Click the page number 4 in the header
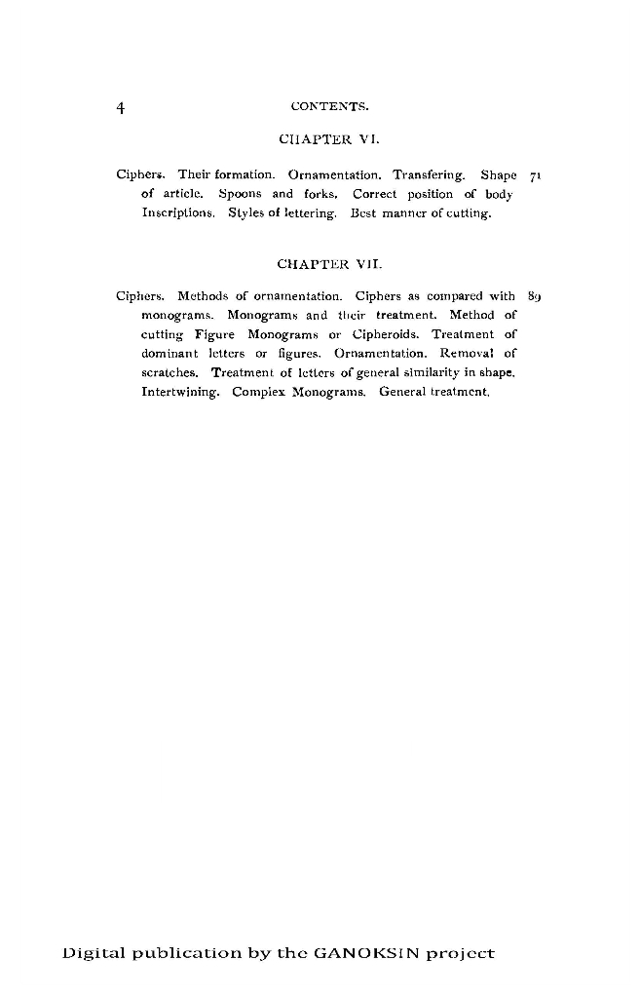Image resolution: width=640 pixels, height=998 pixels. pyautogui.click(x=120, y=106)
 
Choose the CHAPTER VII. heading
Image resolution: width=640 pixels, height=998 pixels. pyautogui.click(x=320, y=263)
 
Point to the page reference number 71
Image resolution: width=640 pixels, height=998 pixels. pyautogui.click(x=535, y=175)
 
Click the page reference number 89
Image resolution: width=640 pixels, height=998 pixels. pyautogui.click(x=535, y=296)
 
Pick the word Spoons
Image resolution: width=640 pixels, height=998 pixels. pyautogui.click(x=241, y=194)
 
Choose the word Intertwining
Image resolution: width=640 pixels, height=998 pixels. pyautogui.click(x=180, y=391)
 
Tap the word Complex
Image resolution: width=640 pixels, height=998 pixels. pyautogui.click(x=259, y=391)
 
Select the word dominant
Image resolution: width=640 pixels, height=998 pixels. pyautogui.click(x=169, y=353)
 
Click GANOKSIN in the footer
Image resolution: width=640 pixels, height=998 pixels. pyautogui.click(x=358, y=953)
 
